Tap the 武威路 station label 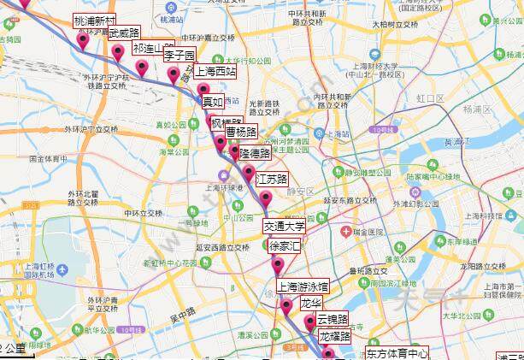click(x=118, y=32)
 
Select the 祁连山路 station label click(x=154, y=49)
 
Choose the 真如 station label click(x=211, y=101)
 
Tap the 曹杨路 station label click(x=241, y=132)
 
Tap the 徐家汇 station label click(x=285, y=246)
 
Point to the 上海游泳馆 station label click(x=302, y=286)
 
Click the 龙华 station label click(x=310, y=304)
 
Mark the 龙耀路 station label click(x=335, y=336)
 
